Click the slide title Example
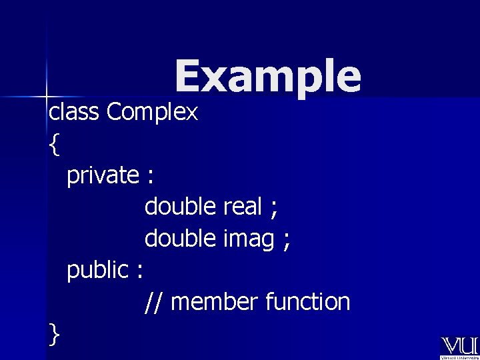click(268, 77)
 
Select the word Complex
click(152, 113)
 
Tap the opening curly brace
click(54, 144)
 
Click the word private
click(102, 175)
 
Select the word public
click(97, 270)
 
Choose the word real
click(243, 207)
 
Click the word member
click(214, 302)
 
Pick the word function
click(307, 302)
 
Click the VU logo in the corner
click(459, 347)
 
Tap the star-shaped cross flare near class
click(47, 95)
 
